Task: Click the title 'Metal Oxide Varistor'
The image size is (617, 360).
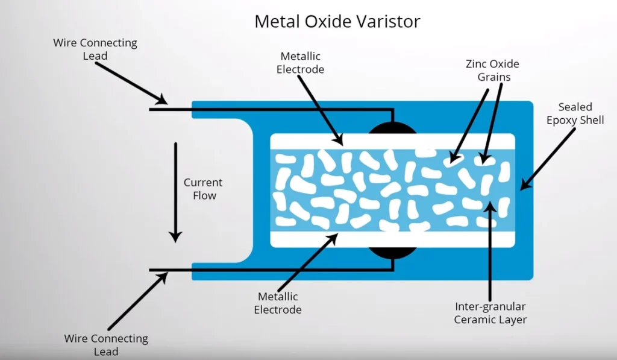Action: tap(337, 21)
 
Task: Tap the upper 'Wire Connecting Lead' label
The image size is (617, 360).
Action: tap(95, 49)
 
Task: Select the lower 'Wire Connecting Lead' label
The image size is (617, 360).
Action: tap(106, 345)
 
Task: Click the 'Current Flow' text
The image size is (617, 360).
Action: tap(203, 189)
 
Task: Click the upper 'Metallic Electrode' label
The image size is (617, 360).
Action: tap(300, 63)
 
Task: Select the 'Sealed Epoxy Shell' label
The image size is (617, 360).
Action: tap(575, 113)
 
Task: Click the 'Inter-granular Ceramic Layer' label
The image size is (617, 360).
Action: tap(491, 313)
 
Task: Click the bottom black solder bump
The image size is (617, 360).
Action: tap(392, 253)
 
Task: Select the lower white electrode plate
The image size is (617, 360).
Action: tap(392, 240)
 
